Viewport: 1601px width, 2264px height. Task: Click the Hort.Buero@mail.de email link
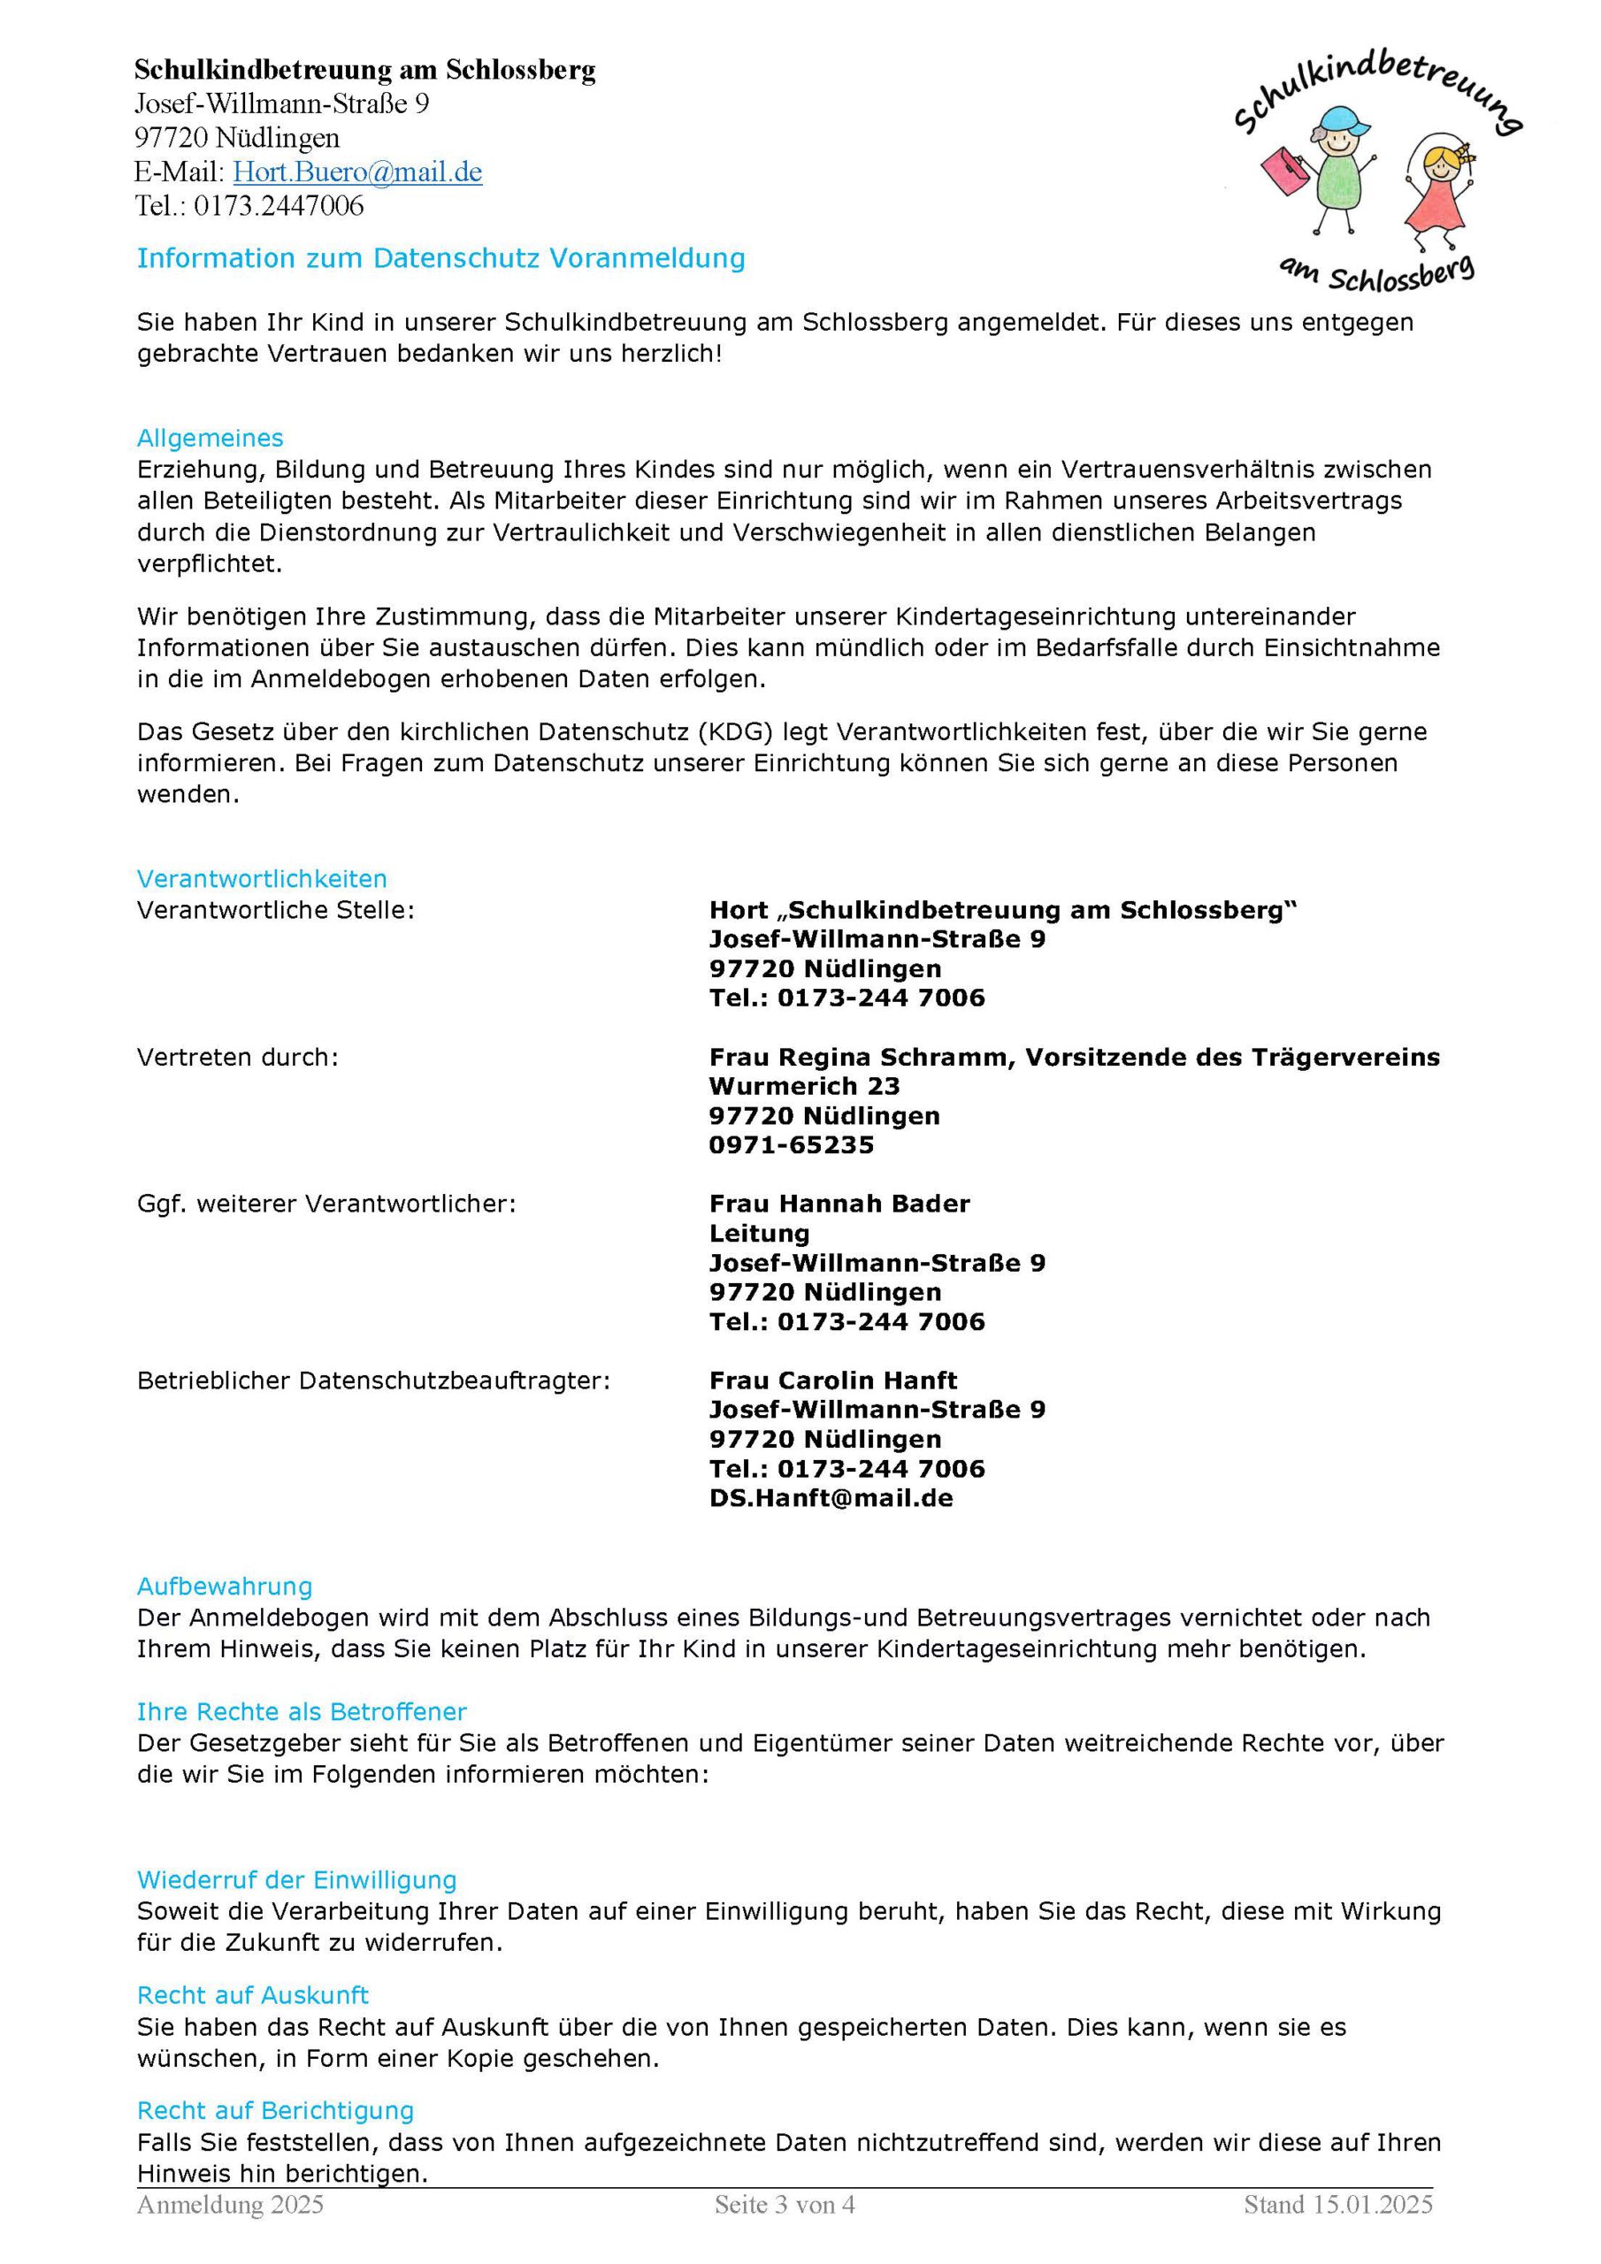coord(357,172)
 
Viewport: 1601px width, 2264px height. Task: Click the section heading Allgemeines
coord(211,438)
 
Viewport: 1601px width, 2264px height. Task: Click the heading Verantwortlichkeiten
coord(262,878)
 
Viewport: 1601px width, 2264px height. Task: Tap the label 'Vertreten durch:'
coord(237,1057)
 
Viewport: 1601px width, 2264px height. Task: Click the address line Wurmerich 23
coord(804,1087)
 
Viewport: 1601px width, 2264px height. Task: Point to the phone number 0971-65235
coord(791,1144)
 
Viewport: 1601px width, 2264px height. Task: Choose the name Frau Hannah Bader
coord(839,1204)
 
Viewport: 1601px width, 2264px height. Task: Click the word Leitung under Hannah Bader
coord(759,1234)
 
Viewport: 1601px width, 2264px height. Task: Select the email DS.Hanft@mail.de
coord(831,1499)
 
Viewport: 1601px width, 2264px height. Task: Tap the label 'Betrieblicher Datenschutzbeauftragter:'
coord(373,1381)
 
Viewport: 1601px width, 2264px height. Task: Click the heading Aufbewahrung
coord(224,1587)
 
